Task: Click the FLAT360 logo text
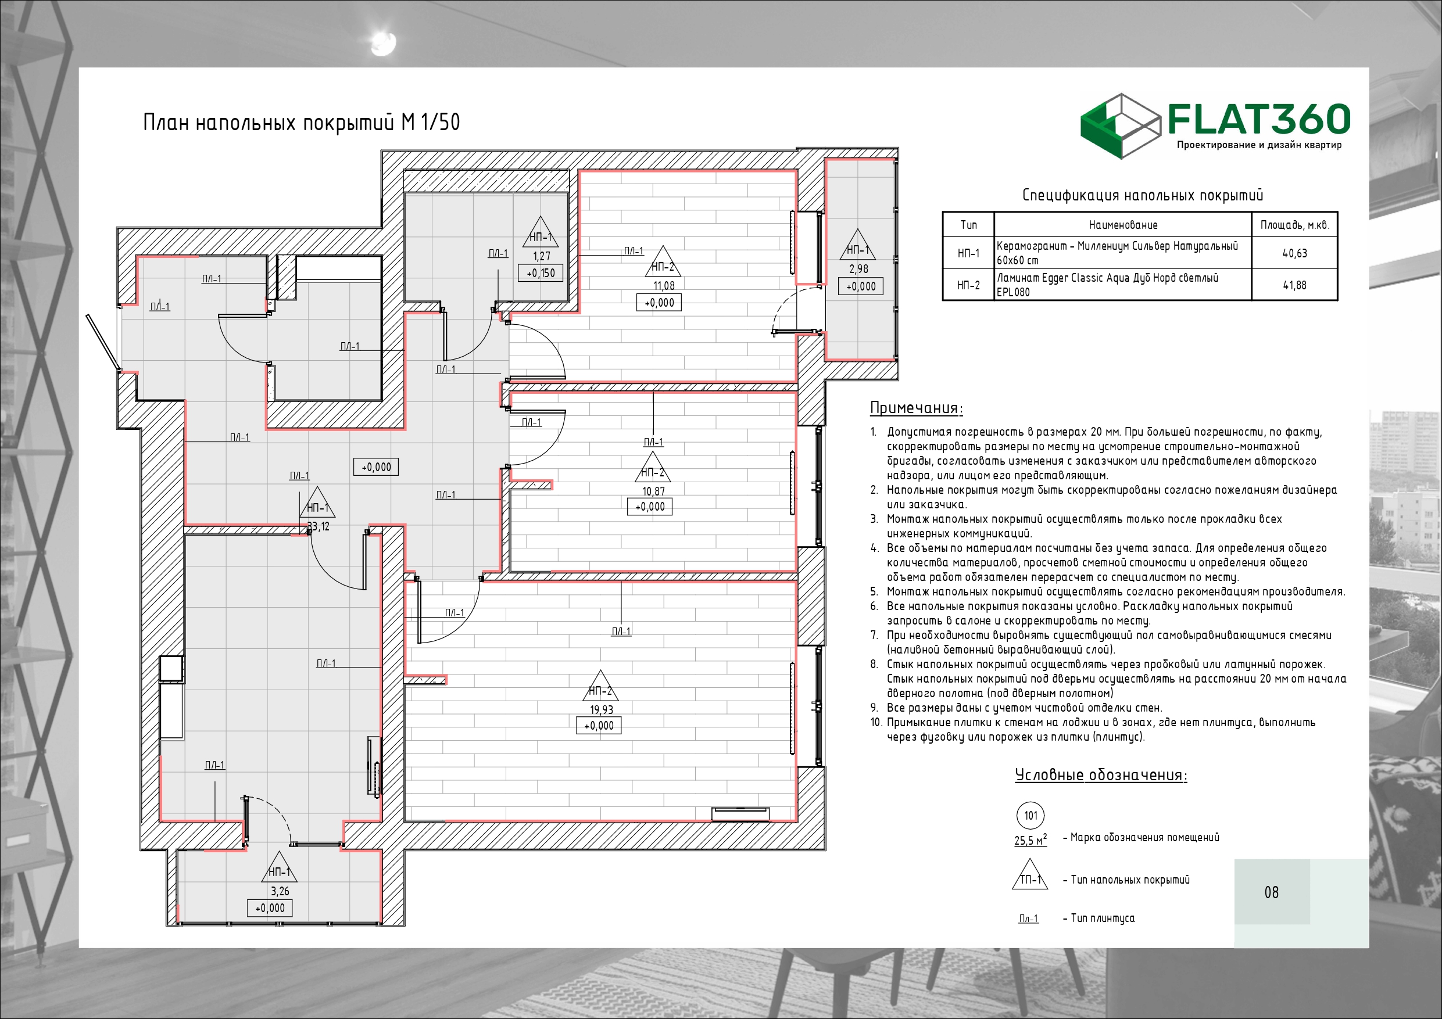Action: [1259, 119]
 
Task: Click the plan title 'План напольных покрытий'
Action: [269, 122]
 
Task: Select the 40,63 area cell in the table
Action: [1294, 254]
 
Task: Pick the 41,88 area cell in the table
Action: [1294, 285]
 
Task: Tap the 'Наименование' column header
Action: [1123, 225]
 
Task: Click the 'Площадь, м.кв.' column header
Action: [1294, 225]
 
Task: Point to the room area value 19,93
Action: [601, 709]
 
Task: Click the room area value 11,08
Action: [664, 286]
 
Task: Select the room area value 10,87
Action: [653, 491]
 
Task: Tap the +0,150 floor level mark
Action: [541, 273]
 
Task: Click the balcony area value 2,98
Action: [858, 269]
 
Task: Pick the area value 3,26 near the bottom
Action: [280, 891]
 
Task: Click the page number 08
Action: [1271, 892]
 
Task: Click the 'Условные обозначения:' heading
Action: [1101, 775]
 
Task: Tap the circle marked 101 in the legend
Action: [1030, 816]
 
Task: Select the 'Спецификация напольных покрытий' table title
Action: [1143, 195]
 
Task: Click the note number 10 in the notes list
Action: [876, 722]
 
